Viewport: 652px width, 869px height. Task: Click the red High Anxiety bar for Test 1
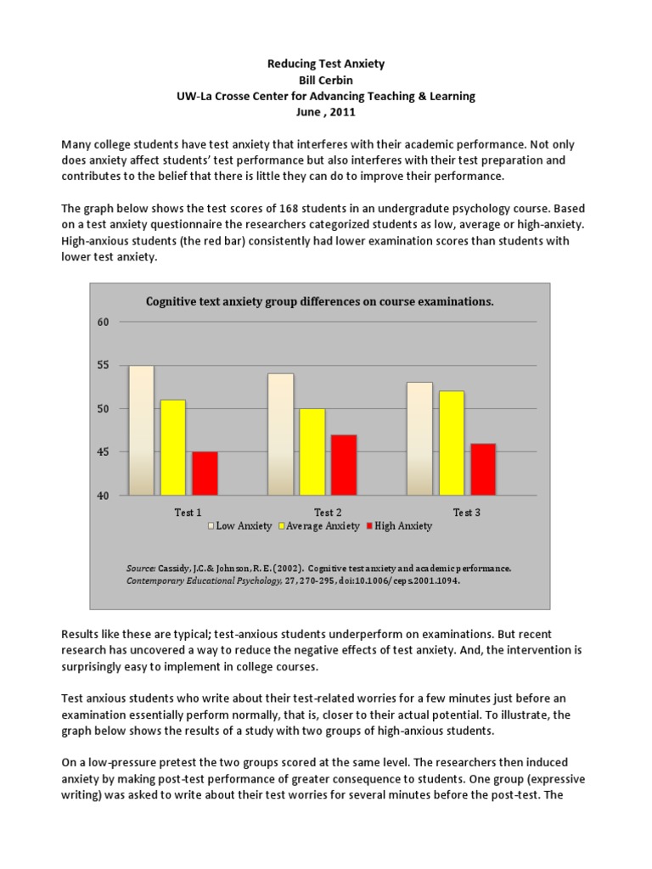205,473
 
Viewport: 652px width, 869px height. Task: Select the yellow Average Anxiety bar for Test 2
312,451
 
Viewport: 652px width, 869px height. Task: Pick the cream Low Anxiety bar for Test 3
419,438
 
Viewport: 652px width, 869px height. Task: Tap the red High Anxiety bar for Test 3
482,468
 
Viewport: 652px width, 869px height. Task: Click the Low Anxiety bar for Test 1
142,430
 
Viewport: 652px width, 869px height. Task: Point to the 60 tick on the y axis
104,322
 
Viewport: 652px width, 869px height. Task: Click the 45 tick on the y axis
104,452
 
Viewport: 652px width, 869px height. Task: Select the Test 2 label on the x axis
329,512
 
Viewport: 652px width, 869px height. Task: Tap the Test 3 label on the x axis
467,512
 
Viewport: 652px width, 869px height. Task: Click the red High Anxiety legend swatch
369,526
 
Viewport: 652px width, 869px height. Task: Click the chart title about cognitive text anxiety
320,301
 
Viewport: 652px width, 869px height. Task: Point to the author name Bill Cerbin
326,80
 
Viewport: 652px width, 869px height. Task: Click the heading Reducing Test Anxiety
326,64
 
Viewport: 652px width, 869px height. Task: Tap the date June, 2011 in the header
326,112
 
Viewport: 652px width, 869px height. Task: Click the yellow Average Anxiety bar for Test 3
451,442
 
